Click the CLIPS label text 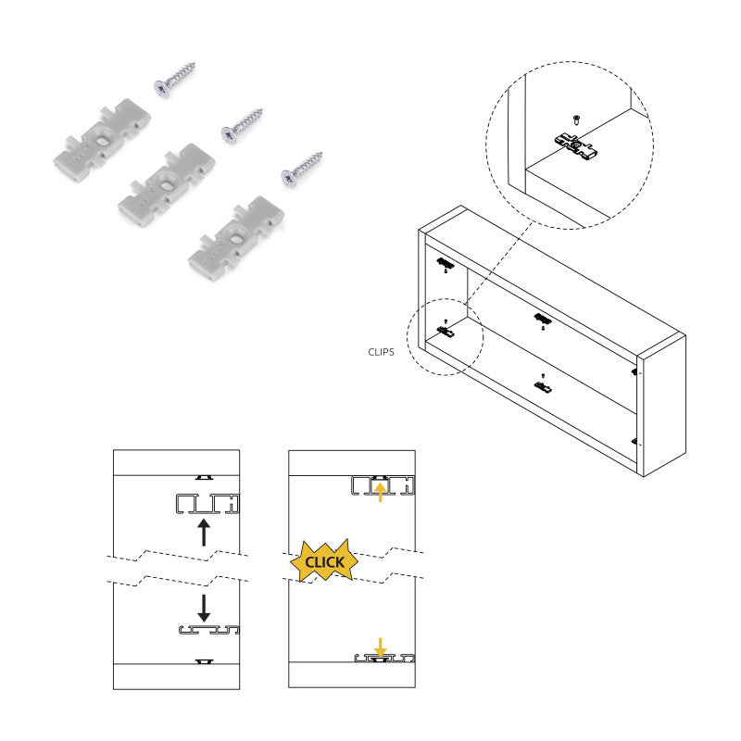click(382, 352)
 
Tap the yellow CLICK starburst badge click(324, 561)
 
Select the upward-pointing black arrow click(205, 533)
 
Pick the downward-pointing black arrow click(205, 607)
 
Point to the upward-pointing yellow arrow click(380, 490)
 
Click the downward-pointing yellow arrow click(380, 647)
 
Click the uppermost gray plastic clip click(101, 138)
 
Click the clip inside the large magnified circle click(574, 144)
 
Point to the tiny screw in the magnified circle click(576, 118)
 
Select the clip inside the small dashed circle click(446, 330)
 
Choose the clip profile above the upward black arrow click(206, 504)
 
